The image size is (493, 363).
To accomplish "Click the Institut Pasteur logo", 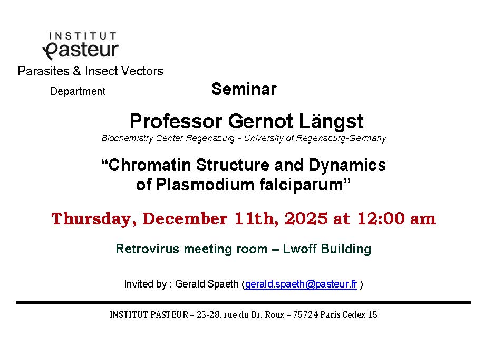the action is coord(81,45).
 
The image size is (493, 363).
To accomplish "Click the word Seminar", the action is coord(244,89).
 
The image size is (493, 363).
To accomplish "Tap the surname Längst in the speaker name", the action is coord(331,122).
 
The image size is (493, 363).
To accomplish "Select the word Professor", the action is coord(176,121).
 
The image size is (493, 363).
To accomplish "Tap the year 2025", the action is coord(306,218).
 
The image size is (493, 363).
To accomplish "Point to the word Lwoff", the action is coord(299,249).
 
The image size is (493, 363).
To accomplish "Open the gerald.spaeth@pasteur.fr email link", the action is coord(301,284).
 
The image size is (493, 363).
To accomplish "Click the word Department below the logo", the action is coord(78,91).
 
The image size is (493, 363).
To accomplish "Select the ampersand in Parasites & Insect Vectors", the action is coord(77,71).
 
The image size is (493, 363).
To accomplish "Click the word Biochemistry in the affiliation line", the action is coord(128,138).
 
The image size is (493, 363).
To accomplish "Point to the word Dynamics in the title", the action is coord(347,166).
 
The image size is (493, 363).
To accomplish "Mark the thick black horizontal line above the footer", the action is coord(244,303).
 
